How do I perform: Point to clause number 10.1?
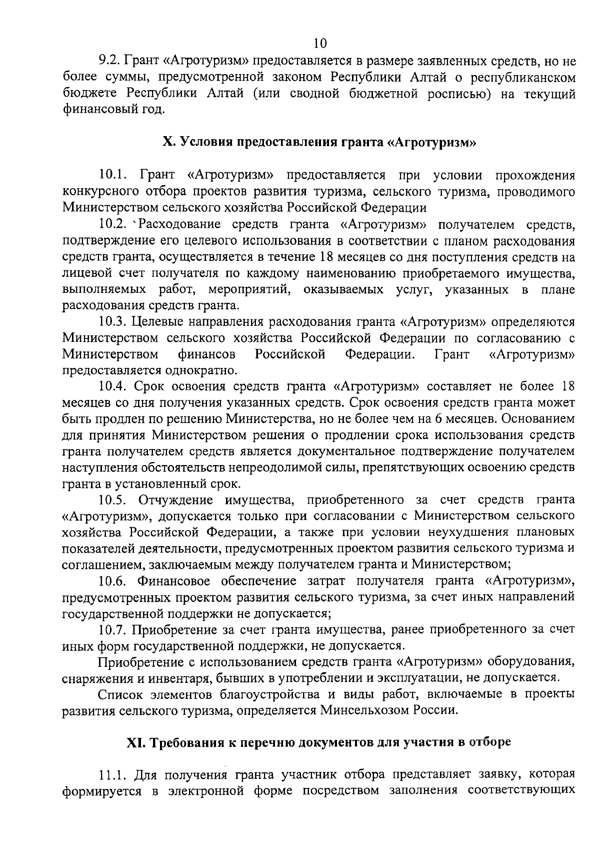click(114, 175)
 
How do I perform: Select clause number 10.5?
click(114, 500)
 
